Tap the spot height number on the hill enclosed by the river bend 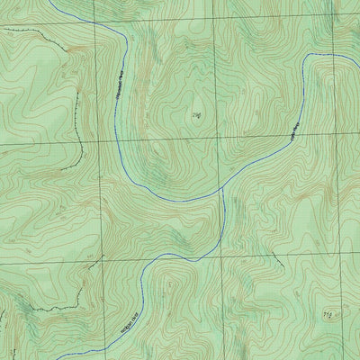coord(197,114)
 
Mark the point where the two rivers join coord(220,188)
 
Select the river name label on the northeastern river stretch coord(293,130)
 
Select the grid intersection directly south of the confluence coord(216,256)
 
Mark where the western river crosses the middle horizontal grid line coord(117,141)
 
